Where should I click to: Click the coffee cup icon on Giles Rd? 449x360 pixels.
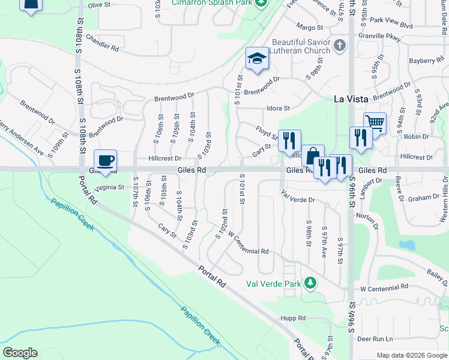(105, 160)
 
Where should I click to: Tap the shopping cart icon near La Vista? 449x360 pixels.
(375, 123)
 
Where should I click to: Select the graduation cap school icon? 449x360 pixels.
(257, 59)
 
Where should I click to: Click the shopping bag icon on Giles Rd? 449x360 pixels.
(313, 156)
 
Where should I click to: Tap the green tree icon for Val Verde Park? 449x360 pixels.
(310, 282)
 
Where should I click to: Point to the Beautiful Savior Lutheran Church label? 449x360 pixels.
(301, 47)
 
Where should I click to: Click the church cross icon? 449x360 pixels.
(340, 45)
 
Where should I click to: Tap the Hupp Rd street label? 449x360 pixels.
(293, 318)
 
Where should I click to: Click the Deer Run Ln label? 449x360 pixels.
(374, 340)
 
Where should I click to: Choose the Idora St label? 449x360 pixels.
(279, 109)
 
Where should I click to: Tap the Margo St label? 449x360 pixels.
(310, 27)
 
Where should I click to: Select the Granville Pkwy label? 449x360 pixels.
(384, 36)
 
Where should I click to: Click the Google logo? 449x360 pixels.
(20, 353)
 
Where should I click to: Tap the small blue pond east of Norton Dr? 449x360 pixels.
(407, 245)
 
